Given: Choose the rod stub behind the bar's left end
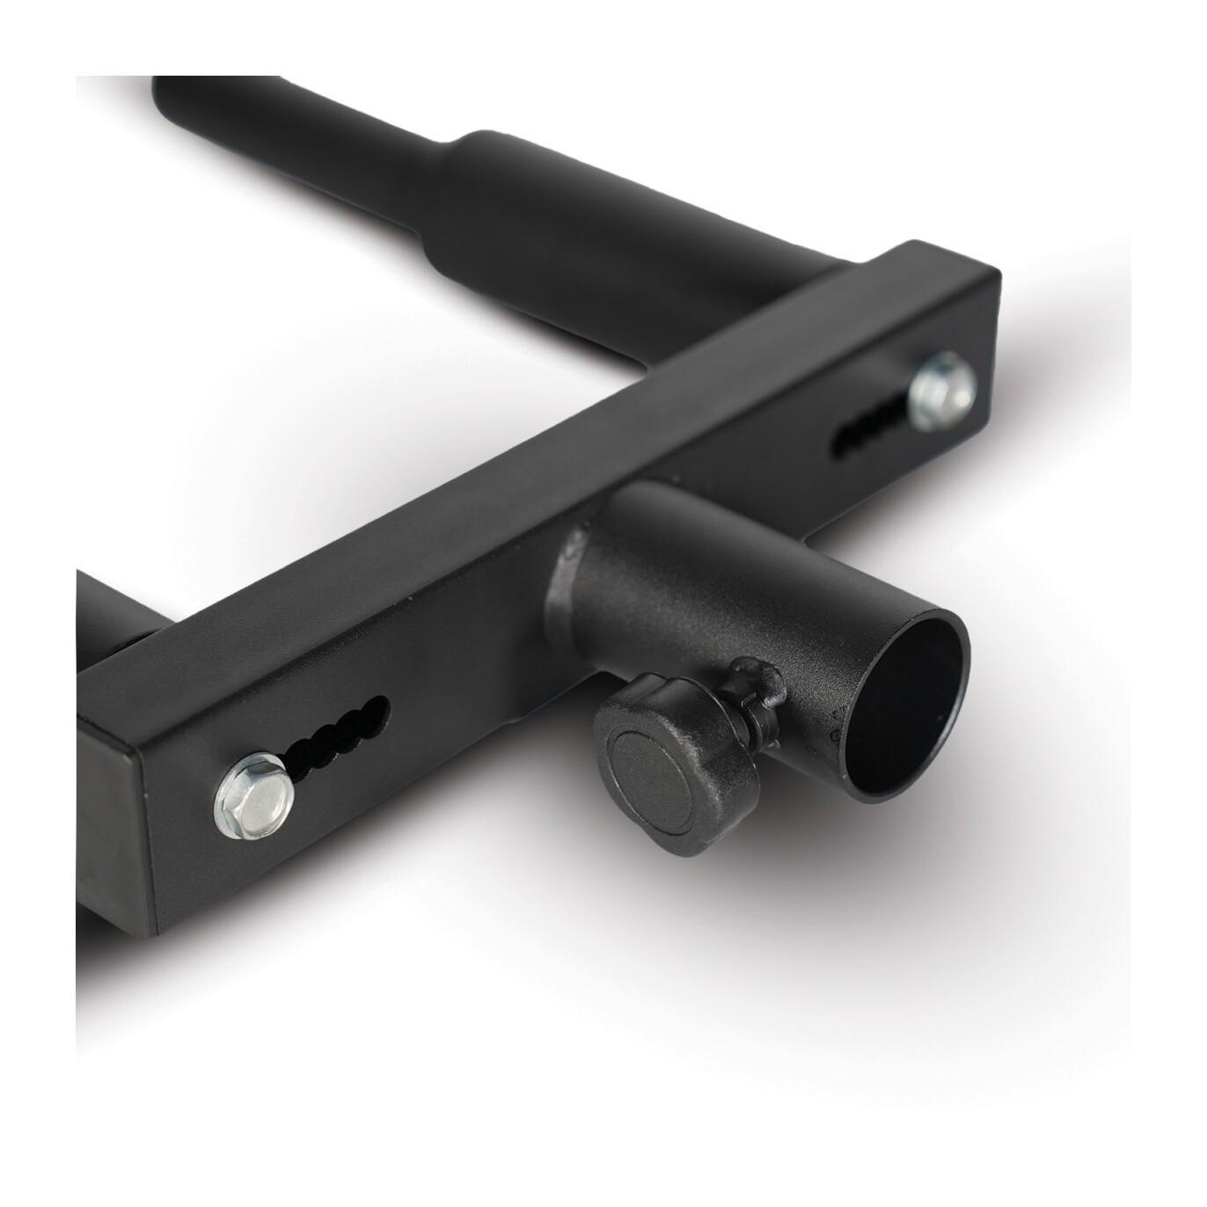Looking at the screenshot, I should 101,616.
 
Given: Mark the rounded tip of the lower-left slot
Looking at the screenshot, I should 380,705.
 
